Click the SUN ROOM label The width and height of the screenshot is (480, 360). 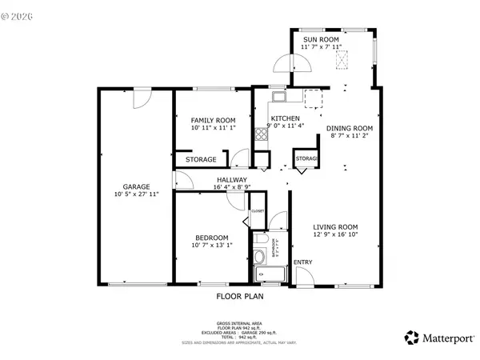coord(320,39)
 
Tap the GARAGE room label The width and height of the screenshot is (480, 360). coord(136,186)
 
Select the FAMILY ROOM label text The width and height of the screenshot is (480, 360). coord(213,120)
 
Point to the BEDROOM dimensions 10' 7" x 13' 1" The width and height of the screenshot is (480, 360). coord(212,246)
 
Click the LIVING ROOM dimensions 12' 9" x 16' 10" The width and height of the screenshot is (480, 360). coord(335,235)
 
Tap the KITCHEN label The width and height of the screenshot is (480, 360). coord(286,117)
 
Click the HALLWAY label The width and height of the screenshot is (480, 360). coord(230,180)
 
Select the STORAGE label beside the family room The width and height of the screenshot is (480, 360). coord(201,160)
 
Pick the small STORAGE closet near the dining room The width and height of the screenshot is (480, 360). coord(306,160)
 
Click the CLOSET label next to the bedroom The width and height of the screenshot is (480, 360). coord(258,212)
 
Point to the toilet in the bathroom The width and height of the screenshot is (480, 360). coord(260,257)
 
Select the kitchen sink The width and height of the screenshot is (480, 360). coord(278,98)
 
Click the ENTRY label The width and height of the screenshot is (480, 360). coord(303,262)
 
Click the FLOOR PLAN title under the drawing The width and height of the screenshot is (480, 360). coord(240,296)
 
